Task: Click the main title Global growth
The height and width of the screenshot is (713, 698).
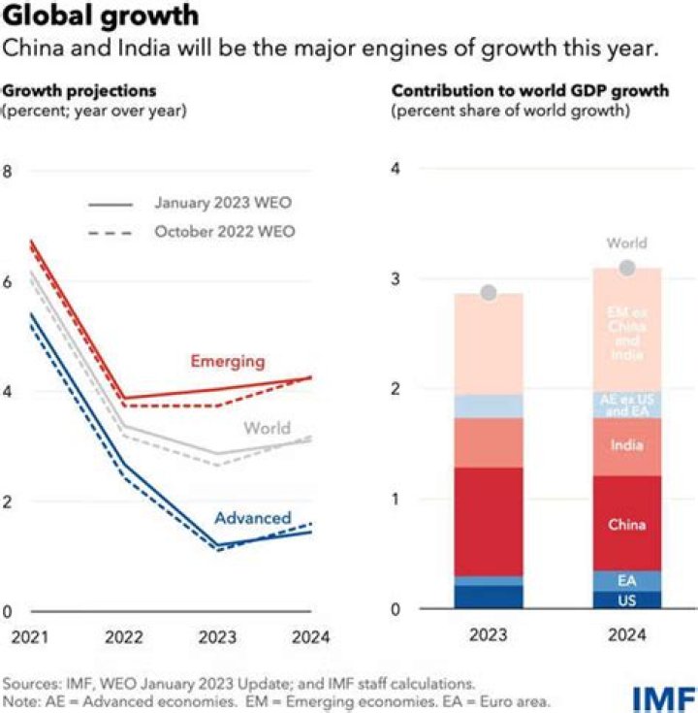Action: [101, 16]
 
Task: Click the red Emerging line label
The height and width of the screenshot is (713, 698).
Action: [227, 361]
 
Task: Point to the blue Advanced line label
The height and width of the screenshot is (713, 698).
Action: [252, 517]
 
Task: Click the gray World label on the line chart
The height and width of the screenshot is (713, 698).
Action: [268, 429]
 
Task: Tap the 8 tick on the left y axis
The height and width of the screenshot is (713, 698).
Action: [9, 172]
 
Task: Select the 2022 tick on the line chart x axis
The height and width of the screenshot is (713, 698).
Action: [123, 637]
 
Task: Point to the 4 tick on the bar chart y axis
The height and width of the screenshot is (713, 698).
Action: [396, 169]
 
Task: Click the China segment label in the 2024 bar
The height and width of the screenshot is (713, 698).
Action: [626, 525]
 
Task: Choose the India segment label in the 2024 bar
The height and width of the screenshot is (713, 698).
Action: [626, 445]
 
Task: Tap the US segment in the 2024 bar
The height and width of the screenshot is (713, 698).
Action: [626, 600]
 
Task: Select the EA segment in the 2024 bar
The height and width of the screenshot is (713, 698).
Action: [626, 580]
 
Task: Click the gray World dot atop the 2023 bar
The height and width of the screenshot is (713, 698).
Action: [490, 292]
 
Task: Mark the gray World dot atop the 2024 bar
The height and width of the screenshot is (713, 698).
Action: [627, 267]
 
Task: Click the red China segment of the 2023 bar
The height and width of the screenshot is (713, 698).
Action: [490, 522]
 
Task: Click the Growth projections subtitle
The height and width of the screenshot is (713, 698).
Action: [79, 90]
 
